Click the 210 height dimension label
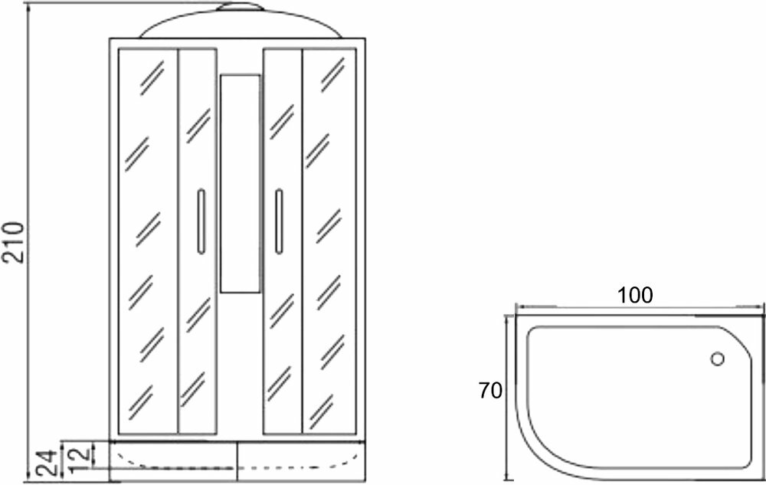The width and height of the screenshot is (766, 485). [x=15, y=242]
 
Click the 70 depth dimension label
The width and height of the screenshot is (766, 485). [x=490, y=391]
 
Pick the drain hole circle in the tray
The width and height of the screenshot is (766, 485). [x=718, y=358]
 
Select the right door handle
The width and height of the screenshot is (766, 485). [x=279, y=221]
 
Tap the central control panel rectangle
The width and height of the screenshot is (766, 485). [x=240, y=183]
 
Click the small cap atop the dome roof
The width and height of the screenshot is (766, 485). [x=240, y=8]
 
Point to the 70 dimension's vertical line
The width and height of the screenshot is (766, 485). [x=506, y=395]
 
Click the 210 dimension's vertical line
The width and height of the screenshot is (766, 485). [x=28, y=242]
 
